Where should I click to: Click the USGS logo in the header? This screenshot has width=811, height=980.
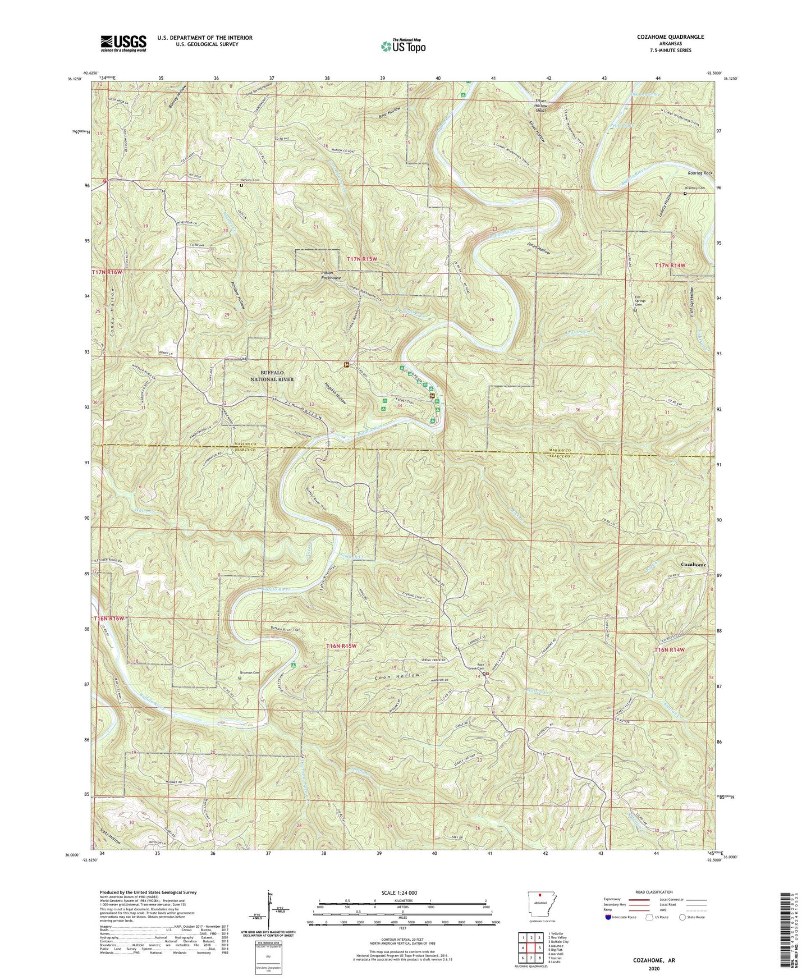[x=123, y=43]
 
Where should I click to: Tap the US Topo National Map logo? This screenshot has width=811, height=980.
[x=402, y=46]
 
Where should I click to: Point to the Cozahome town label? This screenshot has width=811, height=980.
[x=693, y=564]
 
